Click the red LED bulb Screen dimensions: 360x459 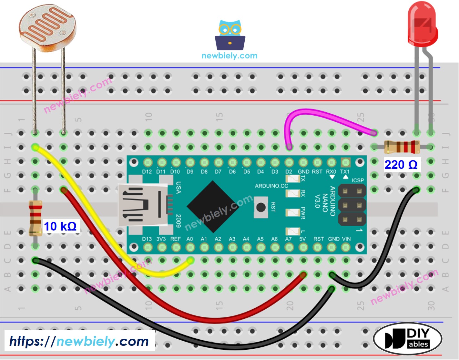pos(422,24)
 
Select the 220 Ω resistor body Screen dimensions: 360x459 pos(402,147)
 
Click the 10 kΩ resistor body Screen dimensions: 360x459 pos(35,217)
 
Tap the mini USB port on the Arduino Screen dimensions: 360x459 pos(142,205)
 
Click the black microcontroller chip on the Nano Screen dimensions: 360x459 pos(213,207)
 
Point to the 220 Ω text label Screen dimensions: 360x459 pos(401,165)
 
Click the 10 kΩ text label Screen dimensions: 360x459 pos(60,226)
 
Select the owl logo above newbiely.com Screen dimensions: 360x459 pos(230,35)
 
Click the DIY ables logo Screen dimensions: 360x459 pos(407,338)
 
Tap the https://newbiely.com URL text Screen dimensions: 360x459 pos(79,341)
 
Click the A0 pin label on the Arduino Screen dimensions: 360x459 pos(190,239)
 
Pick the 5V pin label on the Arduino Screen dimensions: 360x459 pos(302,239)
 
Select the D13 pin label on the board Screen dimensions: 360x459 pos(147,239)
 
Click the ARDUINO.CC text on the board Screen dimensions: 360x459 pos(271,186)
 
